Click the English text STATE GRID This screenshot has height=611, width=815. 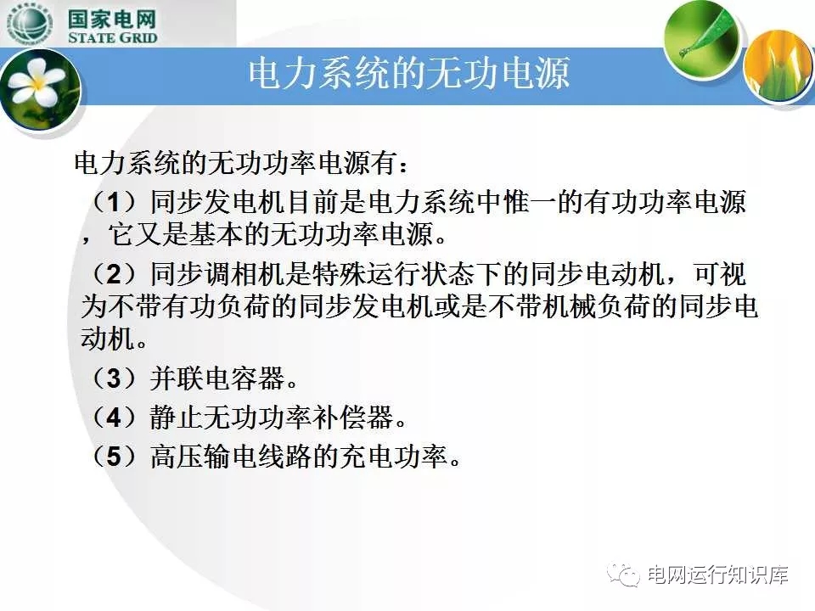(112, 37)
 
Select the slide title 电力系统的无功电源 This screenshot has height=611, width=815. (408, 73)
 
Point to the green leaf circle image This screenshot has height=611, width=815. (701, 36)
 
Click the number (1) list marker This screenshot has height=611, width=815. (113, 202)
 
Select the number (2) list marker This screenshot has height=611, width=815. (113, 274)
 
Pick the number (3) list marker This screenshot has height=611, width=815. (113, 378)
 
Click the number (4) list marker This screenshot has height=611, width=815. (113, 418)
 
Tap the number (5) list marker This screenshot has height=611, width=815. (113, 457)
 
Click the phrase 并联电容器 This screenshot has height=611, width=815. (217, 378)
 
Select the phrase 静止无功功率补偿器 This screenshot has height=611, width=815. (272, 418)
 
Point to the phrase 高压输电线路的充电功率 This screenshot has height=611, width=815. (299, 457)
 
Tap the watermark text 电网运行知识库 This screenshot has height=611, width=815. (718, 575)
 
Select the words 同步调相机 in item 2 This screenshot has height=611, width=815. (217, 274)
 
